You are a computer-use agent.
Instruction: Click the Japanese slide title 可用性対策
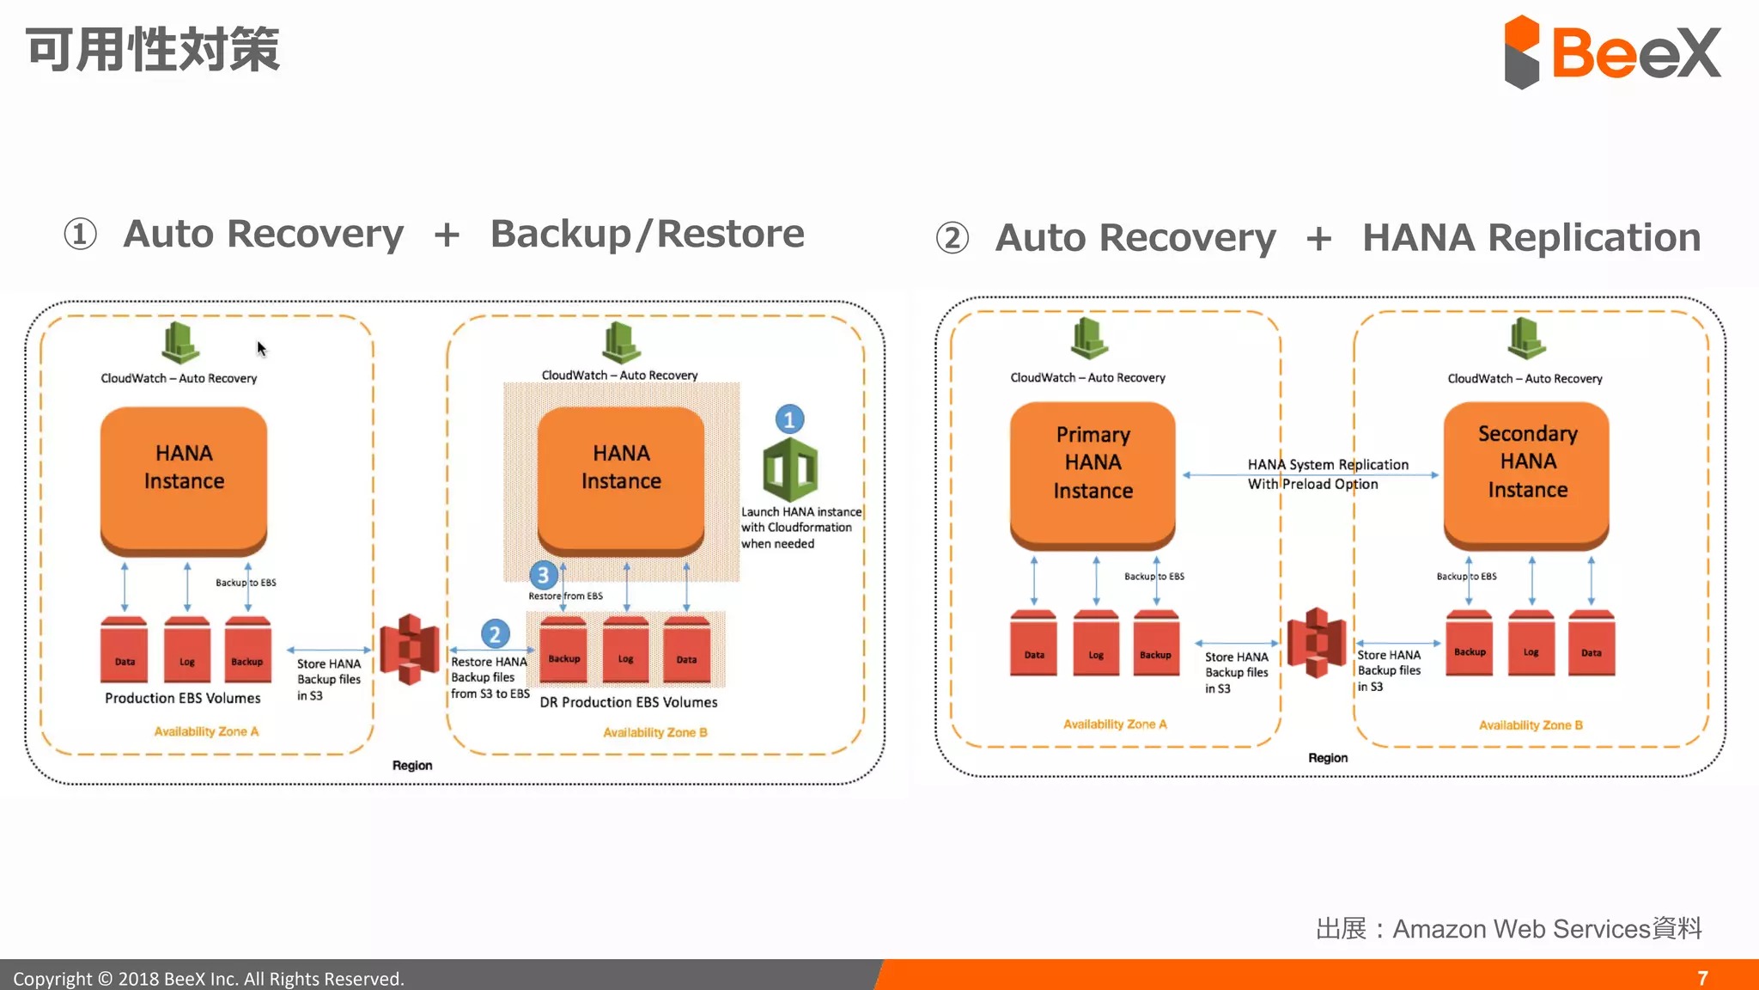(x=153, y=50)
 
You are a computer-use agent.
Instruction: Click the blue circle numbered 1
(x=789, y=419)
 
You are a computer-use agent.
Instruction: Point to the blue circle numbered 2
(x=495, y=635)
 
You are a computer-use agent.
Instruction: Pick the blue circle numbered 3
(x=543, y=575)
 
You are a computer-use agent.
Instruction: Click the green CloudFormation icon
(x=790, y=469)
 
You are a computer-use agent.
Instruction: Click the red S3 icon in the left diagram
(x=410, y=650)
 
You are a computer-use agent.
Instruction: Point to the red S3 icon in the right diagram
(x=1316, y=643)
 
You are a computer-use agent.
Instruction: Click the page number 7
(x=1702, y=978)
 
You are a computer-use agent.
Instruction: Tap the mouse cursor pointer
(x=261, y=348)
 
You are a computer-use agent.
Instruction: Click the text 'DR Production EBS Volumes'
(x=628, y=702)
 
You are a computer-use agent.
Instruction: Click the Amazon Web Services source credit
(x=1508, y=929)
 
